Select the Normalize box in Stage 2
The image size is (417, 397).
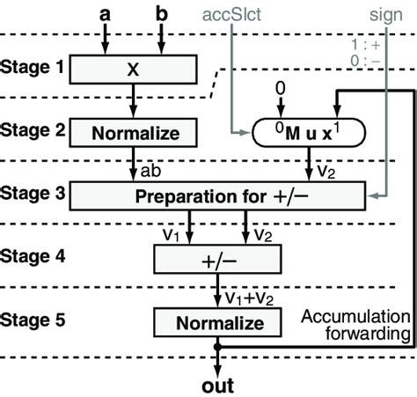tap(133, 133)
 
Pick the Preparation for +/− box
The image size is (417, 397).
tap(212, 195)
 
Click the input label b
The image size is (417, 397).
tap(162, 15)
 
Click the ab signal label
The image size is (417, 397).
tap(150, 167)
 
